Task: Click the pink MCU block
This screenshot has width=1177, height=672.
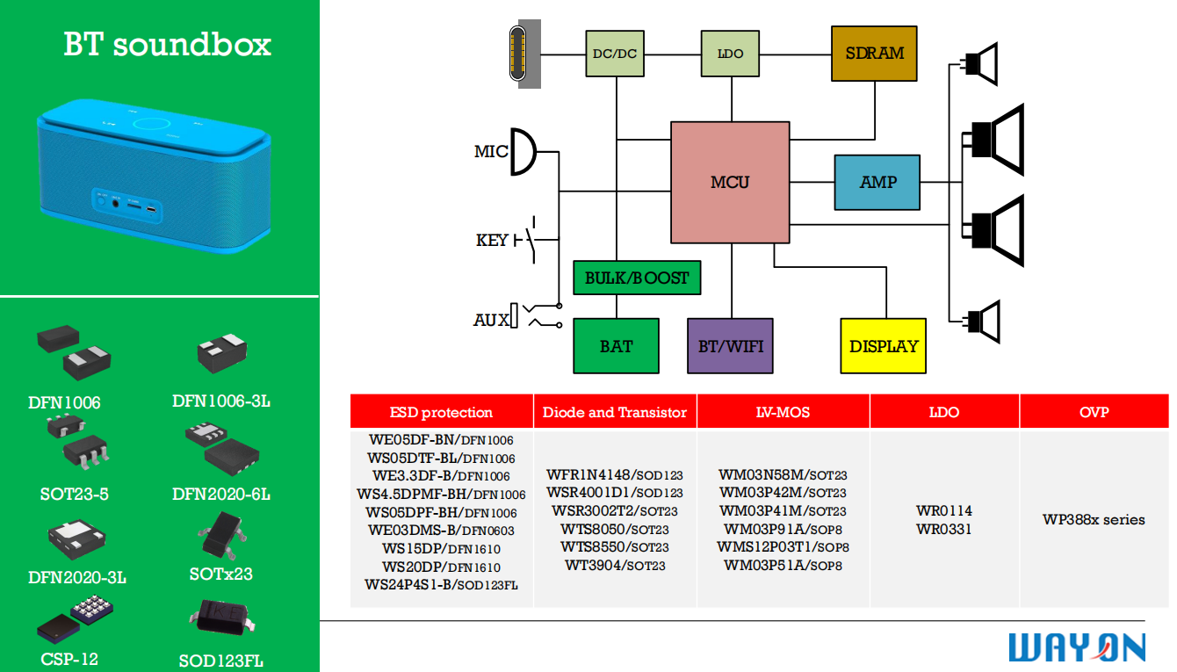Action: pyautogui.click(x=730, y=182)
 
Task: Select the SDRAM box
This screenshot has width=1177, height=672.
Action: pyautogui.click(x=874, y=54)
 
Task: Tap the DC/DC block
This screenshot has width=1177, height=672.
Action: pyautogui.click(x=615, y=54)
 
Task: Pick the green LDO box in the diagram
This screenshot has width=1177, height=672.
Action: pyautogui.click(x=730, y=54)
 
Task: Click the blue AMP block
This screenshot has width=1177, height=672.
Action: pyautogui.click(x=877, y=182)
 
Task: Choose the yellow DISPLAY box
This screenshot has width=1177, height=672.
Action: pyautogui.click(x=884, y=346)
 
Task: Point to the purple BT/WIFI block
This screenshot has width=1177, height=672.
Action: pyautogui.click(x=730, y=346)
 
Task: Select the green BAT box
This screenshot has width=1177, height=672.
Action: pyautogui.click(x=616, y=346)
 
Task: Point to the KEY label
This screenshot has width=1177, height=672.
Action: pyautogui.click(x=492, y=240)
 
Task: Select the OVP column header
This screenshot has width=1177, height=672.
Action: pyautogui.click(x=1094, y=412)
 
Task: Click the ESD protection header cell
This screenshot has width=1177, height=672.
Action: pyautogui.click(x=441, y=412)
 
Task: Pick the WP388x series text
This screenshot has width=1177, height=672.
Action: pyautogui.click(x=1094, y=519)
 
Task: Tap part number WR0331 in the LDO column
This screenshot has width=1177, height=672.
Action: pyautogui.click(x=944, y=529)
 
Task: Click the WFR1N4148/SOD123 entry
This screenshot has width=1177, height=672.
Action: pyautogui.click(x=614, y=474)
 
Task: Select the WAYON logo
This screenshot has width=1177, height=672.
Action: pyautogui.click(x=1077, y=647)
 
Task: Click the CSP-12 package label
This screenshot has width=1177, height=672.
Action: pyautogui.click(x=69, y=659)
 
